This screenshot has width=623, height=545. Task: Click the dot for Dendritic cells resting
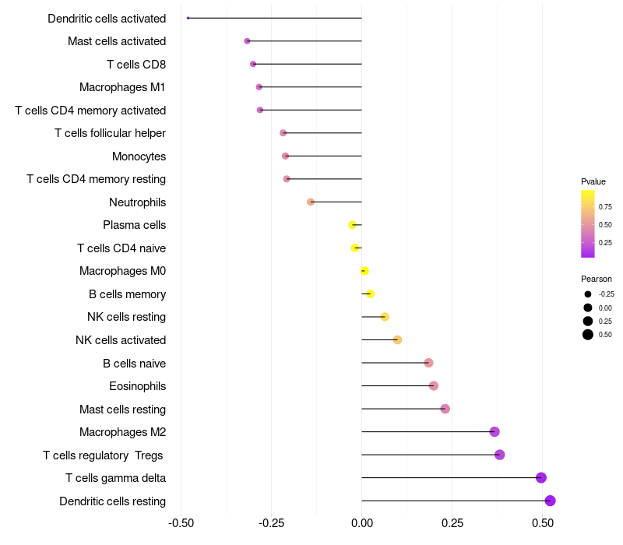[550, 501]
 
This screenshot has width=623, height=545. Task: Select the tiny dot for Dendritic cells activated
[188, 18]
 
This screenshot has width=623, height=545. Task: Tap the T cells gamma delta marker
[540, 477]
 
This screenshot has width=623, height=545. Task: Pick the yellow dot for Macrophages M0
[364, 271]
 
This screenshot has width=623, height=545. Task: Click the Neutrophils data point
[310, 202]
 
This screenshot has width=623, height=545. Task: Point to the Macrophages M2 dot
[495, 431]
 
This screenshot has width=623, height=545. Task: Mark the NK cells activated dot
[397, 339]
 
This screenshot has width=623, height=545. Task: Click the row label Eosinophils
[138, 386]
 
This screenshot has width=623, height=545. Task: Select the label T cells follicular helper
[110, 133]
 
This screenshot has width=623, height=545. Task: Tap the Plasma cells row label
[134, 225]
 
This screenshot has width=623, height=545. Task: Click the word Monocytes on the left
[139, 156]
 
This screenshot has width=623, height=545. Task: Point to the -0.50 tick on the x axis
[181, 523]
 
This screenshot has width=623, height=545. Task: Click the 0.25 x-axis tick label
[452, 523]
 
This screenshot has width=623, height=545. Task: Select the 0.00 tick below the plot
[362, 523]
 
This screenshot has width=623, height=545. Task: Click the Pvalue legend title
[593, 181]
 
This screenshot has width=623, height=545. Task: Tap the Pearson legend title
[596, 279]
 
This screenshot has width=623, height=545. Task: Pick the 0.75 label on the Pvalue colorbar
[605, 206]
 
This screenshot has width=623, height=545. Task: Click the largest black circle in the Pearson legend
[588, 335]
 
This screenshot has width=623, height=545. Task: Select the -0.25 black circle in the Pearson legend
[588, 294]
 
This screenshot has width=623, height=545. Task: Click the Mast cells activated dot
[247, 41]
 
